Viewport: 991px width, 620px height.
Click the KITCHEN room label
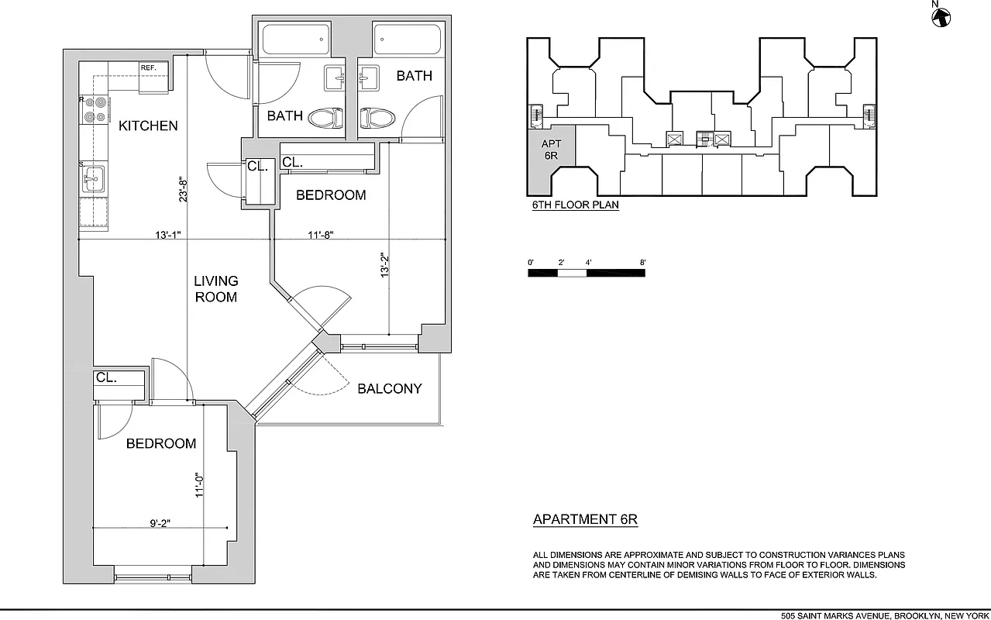click(148, 126)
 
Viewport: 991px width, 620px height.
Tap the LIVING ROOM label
click(215, 288)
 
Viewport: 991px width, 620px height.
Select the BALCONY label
click(389, 388)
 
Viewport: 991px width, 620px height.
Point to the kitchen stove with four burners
click(95, 109)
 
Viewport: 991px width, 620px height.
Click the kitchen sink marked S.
click(94, 178)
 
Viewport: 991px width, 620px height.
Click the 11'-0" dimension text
click(199, 486)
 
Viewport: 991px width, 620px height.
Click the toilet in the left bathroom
click(325, 119)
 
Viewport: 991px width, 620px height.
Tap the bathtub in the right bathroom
click(408, 39)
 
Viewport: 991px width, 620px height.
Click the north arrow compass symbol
click(941, 15)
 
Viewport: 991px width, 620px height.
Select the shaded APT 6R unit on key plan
click(551, 155)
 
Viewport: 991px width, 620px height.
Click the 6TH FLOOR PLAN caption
click(575, 205)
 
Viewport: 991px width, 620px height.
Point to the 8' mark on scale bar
click(643, 263)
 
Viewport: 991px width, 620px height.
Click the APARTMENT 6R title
click(585, 519)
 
